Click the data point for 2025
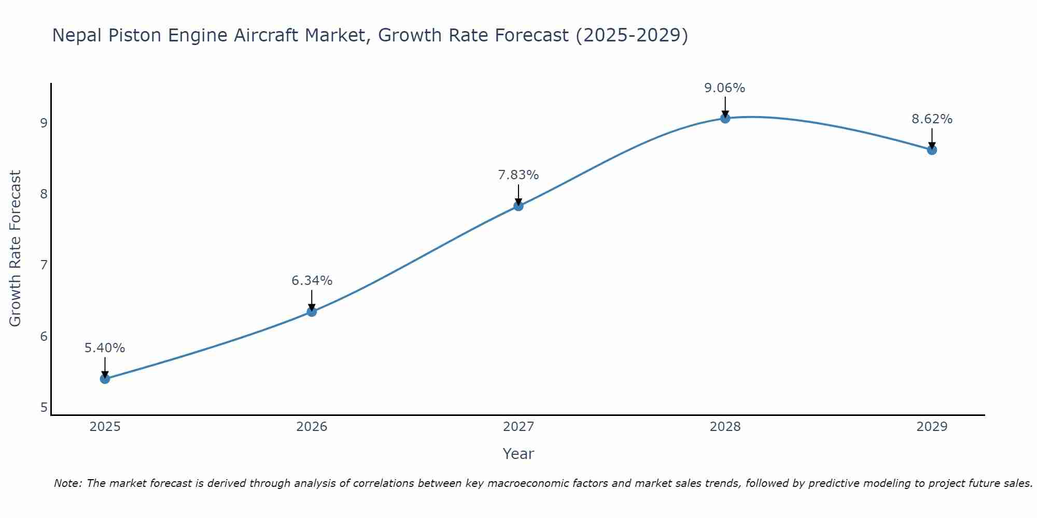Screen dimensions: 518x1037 [105, 379]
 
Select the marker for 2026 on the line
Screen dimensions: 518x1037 [312, 311]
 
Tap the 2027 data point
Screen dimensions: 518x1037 [518, 206]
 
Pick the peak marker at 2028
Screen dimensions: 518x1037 [725, 118]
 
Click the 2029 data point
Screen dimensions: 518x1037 [932, 150]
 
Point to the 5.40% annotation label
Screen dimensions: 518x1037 [105, 348]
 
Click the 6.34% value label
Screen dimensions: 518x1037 [312, 281]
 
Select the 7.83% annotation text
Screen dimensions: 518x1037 [518, 175]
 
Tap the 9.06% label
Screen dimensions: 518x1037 [725, 88]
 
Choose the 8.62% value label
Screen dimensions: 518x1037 [932, 119]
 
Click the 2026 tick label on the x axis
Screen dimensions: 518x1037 [312, 427]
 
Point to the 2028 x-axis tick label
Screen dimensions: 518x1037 [725, 427]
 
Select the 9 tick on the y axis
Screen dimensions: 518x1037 [44, 123]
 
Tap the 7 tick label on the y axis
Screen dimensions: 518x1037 [44, 265]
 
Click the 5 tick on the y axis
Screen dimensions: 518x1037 [44, 408]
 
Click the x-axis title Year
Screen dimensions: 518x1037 [518, 454]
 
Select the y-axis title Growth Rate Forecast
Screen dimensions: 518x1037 [16, 249]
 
